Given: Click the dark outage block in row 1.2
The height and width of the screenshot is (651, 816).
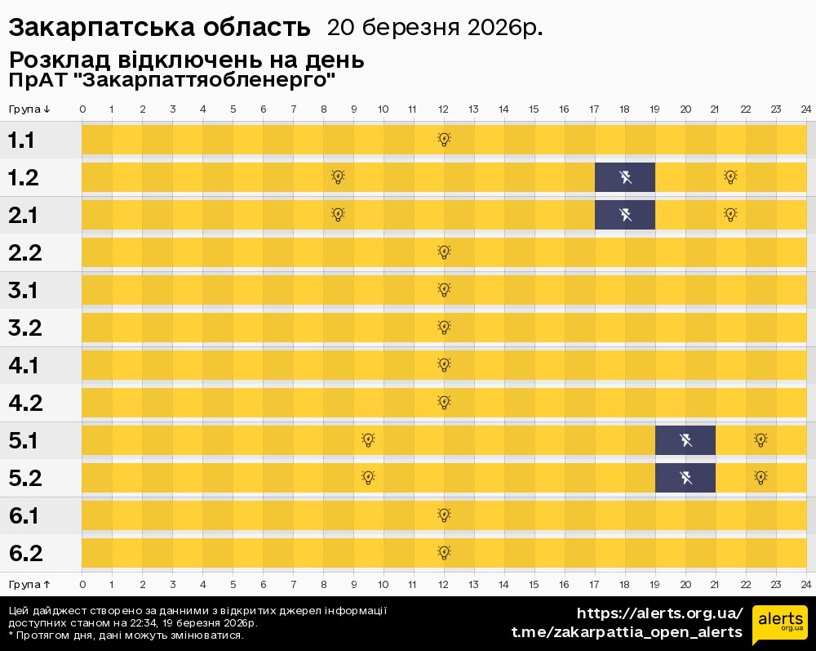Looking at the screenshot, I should click(x=624, y=177).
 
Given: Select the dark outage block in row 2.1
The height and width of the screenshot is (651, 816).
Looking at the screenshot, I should click(x=624, y=215).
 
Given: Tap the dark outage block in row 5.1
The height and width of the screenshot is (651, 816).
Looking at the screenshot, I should click(x=685, y=440).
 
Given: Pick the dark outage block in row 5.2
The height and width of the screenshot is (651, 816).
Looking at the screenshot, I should click(x=685, y=478).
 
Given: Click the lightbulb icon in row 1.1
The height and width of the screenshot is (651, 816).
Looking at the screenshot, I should click(x=444, y=140).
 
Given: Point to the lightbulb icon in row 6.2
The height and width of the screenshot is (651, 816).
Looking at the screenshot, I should click(x=444, y=553).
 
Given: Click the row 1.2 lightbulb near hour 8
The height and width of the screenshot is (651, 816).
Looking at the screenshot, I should click(x=338, y=177).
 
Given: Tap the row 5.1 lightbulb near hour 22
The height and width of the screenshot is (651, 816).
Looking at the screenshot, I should click(x=761, y=440).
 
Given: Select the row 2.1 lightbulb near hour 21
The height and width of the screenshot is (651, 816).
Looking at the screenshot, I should click(x=730, y=215).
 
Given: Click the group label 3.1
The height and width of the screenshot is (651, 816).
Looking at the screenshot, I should click(x=25, y=291).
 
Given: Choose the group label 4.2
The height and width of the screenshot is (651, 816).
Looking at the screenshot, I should click(x=25, y=404).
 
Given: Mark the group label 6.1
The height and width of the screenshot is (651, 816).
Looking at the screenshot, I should click(x=25, y=516).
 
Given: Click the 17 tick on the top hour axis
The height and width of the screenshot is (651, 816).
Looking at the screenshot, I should click(x=594, y=109).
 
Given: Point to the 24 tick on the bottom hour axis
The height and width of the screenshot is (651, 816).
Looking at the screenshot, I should click(x=805, y=584).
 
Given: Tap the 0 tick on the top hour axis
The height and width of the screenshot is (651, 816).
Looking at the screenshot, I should click(x=82, y=109).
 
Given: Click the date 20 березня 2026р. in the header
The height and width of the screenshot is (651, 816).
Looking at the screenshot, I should click(x=434, y=28).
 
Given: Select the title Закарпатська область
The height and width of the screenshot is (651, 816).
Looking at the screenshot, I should click(x=160, y=28).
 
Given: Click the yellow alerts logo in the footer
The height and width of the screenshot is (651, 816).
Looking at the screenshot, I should click(x=779, y=626).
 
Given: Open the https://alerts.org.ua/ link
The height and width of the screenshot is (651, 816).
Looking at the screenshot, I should click(x=659, y=613).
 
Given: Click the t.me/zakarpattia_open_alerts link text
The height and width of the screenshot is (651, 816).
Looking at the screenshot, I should click(x=627, y=632).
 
